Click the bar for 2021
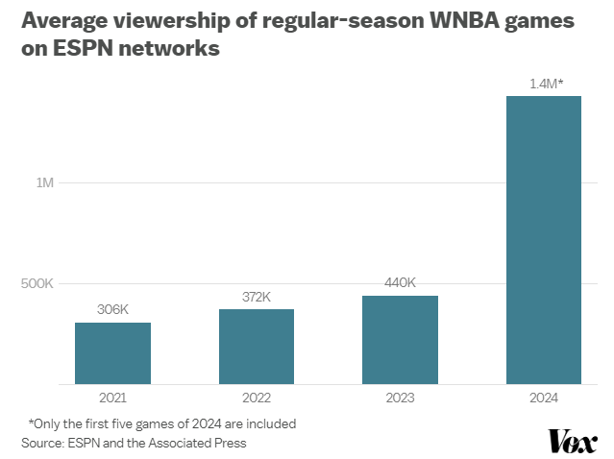[x=112, y=353]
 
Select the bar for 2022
[x=257, y=347]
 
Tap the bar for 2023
[x=400, y=340]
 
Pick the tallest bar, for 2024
[x=544, y=240]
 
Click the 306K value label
[x=112, y=310]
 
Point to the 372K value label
[x=257, y=297]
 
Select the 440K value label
[x=400, y=282]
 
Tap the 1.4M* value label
[x=545, y=84]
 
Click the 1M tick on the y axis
[x=44, y=182]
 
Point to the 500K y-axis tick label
[x=37, y=283]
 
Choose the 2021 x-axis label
[x=112, y=398]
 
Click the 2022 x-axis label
[x=257, y=398]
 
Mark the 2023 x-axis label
[x=400, y=398]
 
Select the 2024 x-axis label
[x=544, y=398]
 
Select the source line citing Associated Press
[x=134, y=443]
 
